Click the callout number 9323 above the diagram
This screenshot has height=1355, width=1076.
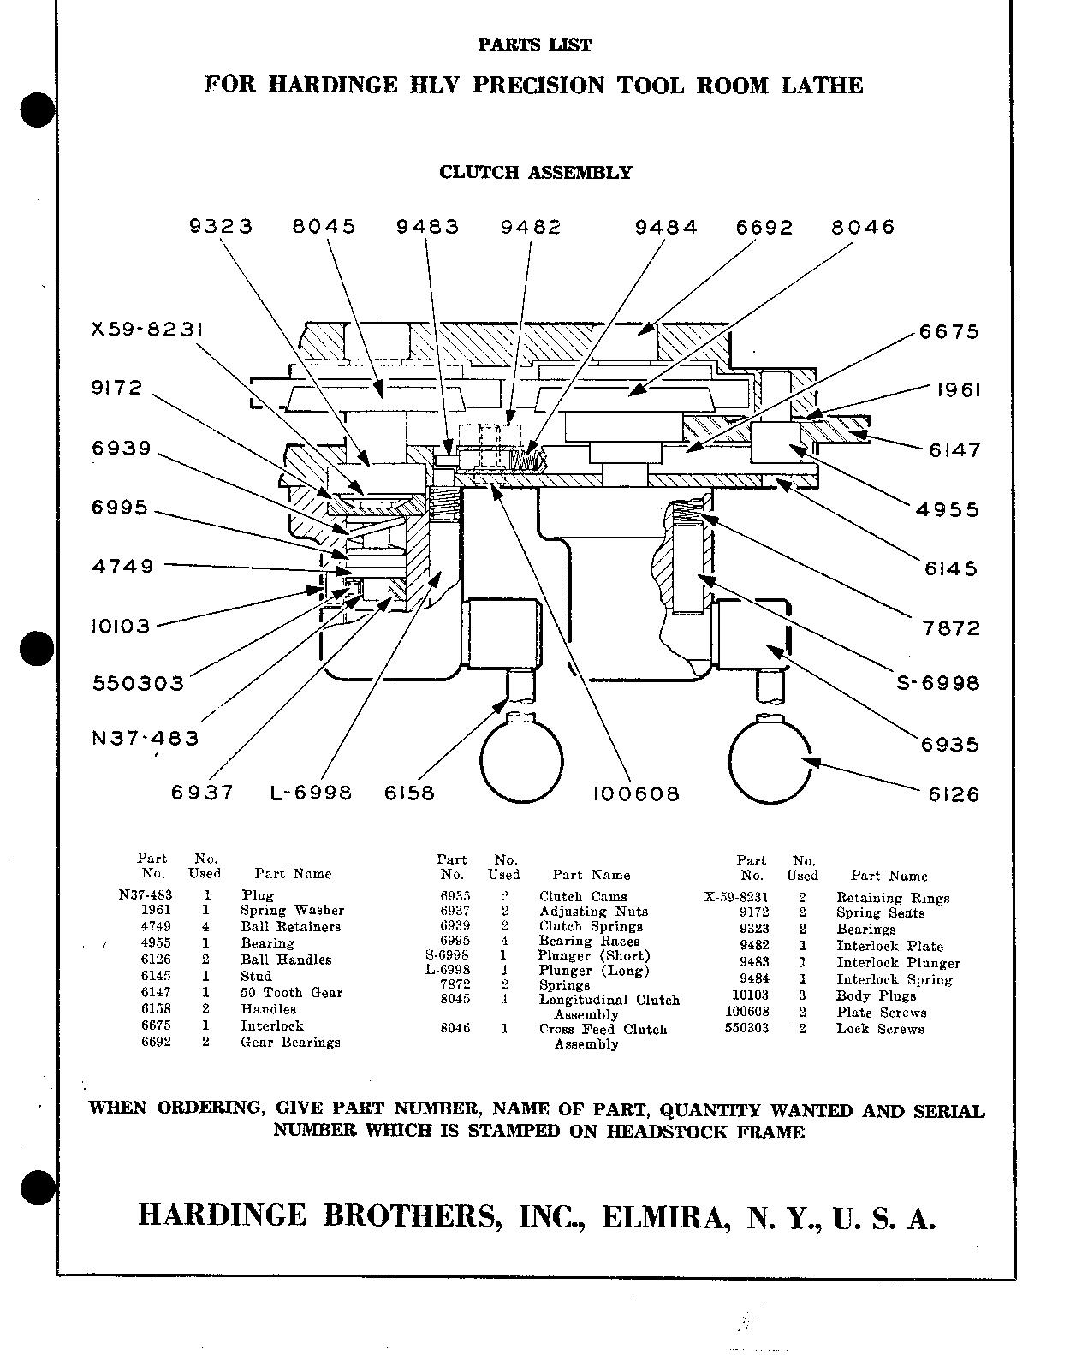tap(221, 227)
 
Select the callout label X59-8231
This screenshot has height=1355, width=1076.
tap(148, 330)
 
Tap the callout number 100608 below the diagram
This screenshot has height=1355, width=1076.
tap(636, 794)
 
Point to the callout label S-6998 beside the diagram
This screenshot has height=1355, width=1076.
tap(937, 683)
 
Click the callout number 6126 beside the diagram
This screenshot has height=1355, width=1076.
tap(954, 794)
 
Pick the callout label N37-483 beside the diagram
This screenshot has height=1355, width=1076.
tap(145, 738)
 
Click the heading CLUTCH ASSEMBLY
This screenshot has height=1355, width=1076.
tap(535, 172)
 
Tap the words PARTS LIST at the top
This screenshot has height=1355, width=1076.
tap(534, 45)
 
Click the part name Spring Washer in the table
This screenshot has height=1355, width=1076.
tap(292, 911)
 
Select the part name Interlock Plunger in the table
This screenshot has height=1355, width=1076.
tap(898, 963)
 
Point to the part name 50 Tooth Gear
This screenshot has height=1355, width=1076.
tap(291, 993)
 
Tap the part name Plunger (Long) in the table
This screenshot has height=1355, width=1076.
tap(593, 971)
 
